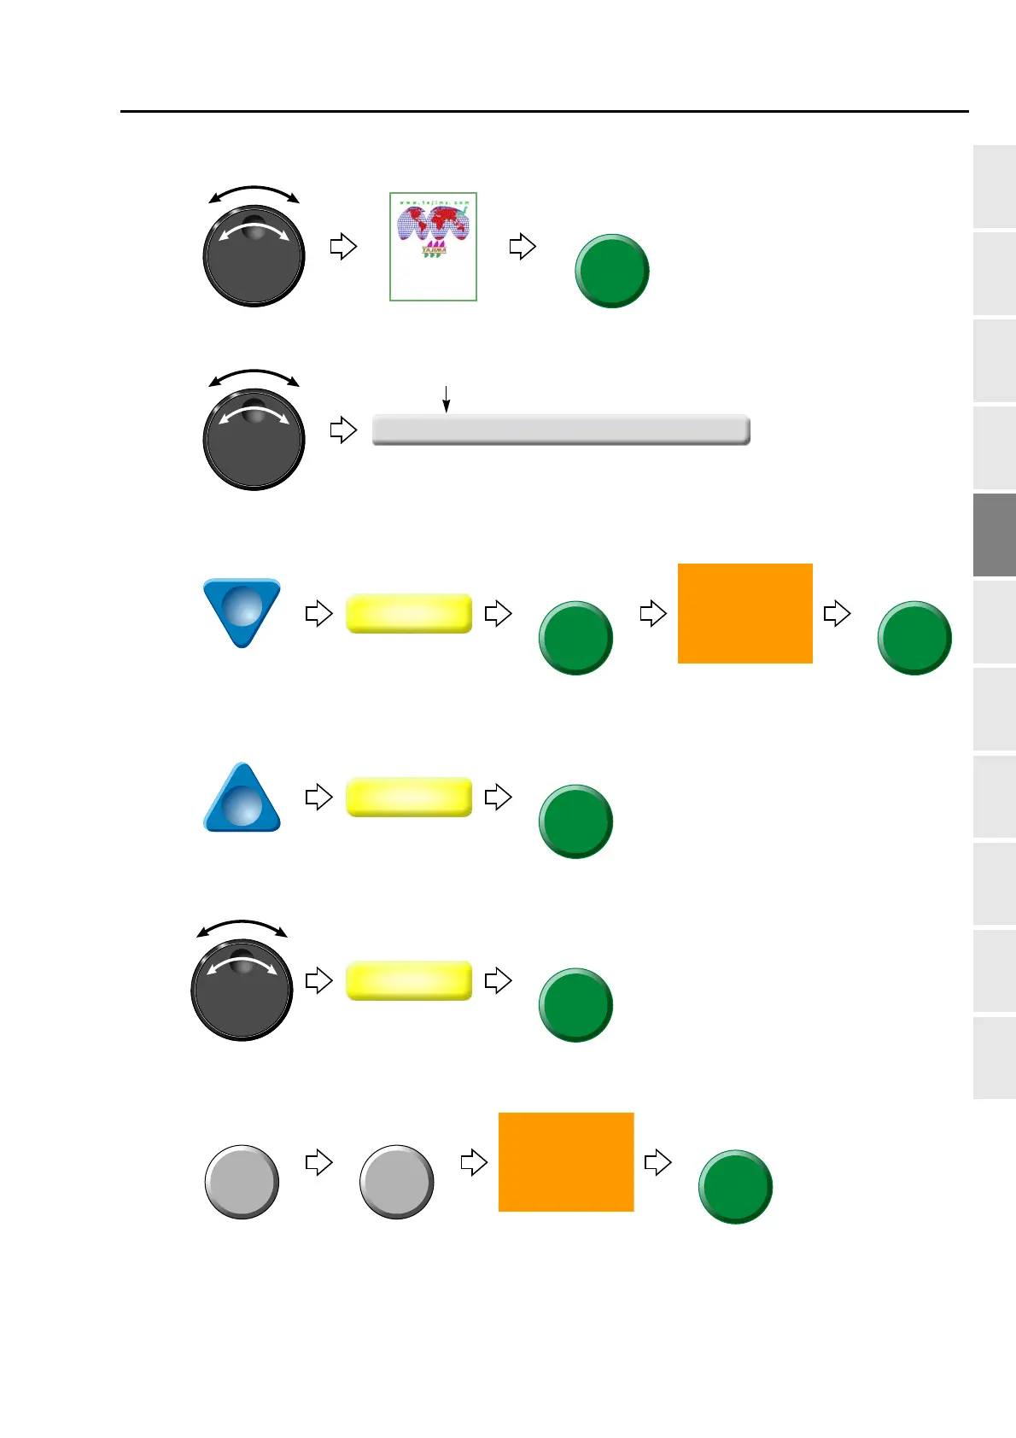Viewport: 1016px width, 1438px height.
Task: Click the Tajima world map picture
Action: (433, 246)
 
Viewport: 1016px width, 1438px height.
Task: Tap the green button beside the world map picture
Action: (611, 271)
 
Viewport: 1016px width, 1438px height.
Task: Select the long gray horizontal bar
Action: (561, 430)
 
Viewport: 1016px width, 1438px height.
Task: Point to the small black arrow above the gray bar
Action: (446, 399)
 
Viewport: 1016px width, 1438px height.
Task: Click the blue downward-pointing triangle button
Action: (242, 610)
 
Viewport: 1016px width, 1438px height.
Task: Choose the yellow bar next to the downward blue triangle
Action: (409, 613)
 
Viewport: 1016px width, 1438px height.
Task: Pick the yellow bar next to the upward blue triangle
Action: (409, 797)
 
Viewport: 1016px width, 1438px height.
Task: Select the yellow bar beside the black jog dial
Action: (409, 979)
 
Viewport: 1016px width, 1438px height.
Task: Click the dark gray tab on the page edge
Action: (994, 535)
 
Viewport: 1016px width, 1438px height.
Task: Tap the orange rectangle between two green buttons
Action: (744, 613)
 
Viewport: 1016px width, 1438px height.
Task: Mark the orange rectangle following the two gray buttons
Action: (566, 1161)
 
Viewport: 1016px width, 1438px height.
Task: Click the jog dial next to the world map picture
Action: (254, 254)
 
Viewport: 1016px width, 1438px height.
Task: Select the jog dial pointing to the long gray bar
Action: (254, 438)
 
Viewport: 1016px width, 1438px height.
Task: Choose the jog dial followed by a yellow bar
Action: (242, 989)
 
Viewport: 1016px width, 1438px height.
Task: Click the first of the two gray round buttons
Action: (242, 1182)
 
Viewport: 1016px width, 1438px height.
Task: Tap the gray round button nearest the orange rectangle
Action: (396, 1182)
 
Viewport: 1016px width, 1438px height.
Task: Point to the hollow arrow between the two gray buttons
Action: (318, 1162)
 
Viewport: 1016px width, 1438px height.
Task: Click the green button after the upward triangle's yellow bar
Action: (575, 821)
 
